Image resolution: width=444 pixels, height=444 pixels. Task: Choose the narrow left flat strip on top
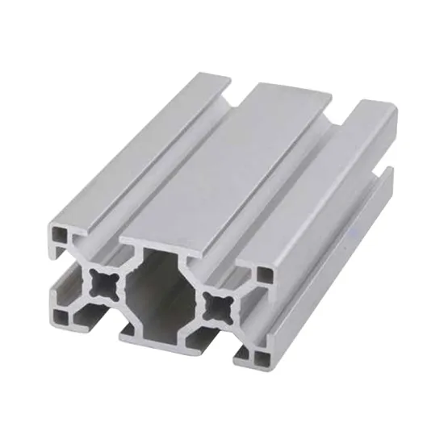pyautogui.click(x=137, y=145)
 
